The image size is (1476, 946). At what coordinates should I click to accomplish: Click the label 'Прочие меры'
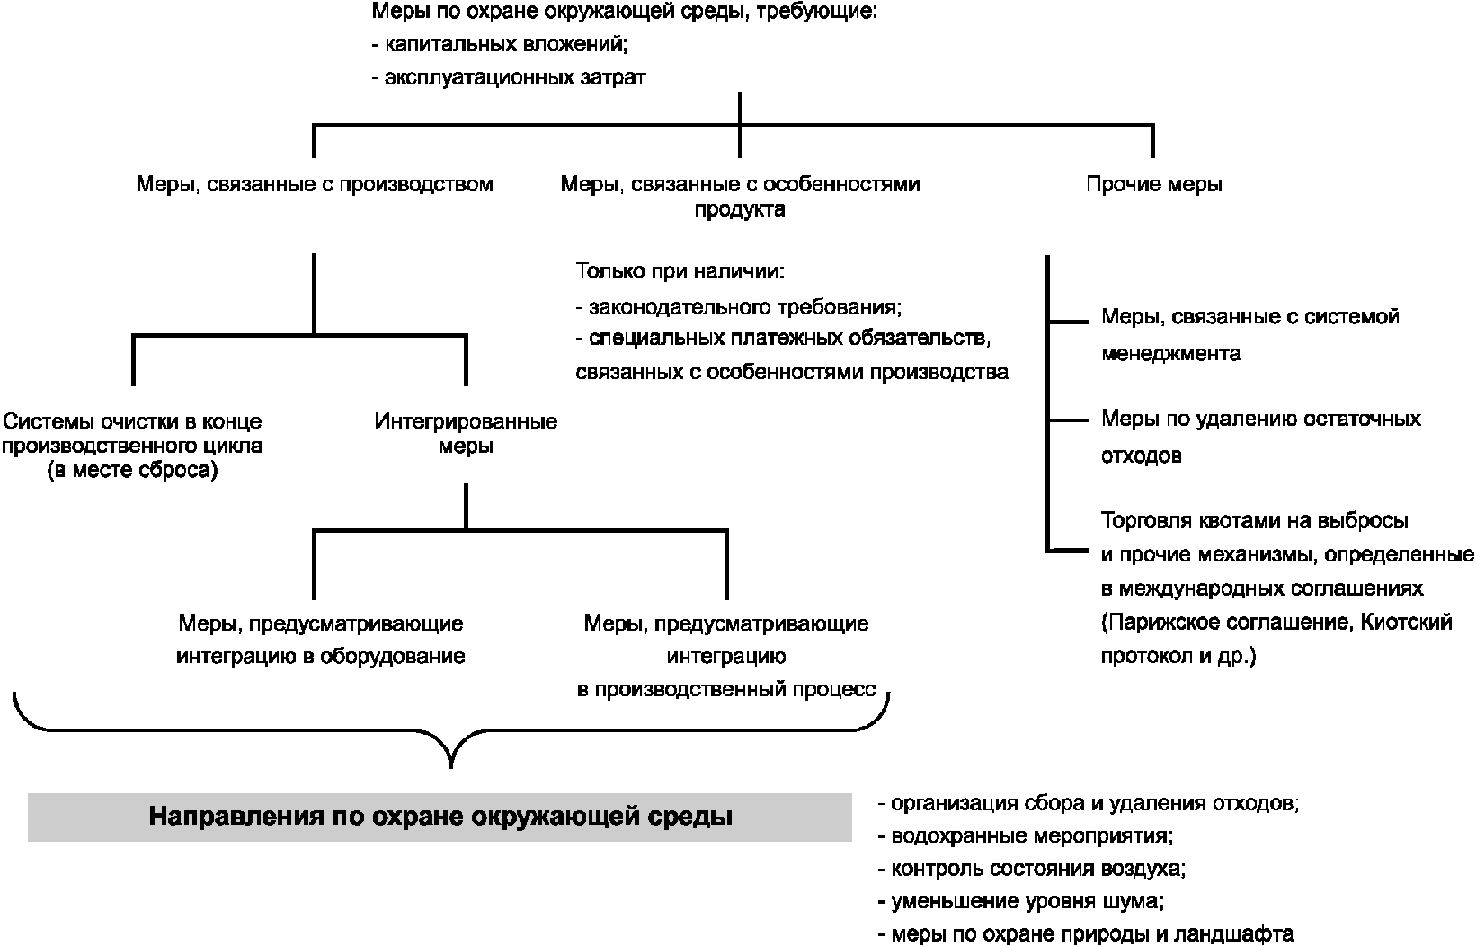click(x=1154, y=184)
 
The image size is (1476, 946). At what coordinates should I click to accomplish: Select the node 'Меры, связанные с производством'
click(x=315, y=184)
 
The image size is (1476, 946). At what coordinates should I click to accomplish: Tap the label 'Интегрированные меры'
click(x=466, y=434)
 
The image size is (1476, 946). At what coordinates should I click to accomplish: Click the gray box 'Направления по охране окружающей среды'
click(x=440, y=817)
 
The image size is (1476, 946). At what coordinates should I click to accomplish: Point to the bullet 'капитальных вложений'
click(x=500, y=44)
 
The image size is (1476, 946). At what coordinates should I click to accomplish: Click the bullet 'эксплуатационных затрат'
click(x=509, y=77)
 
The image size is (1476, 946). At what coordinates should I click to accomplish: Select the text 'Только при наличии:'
click(x=680, y=270)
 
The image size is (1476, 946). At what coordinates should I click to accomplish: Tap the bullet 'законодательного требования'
click(x=739, y=307)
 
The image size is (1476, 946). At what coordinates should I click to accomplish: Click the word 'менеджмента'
click(x=1171, y=354)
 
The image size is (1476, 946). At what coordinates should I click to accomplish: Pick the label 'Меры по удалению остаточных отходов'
click(x=1261, y=437)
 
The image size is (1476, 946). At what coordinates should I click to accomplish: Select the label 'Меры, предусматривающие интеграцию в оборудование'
click(x=321, y=640)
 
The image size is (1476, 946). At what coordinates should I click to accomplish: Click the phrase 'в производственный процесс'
click(x=727, y=689)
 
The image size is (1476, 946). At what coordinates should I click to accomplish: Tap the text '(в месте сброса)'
click(x=132, y=471)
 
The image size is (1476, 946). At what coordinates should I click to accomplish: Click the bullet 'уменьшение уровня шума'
click(x=1021, y=901)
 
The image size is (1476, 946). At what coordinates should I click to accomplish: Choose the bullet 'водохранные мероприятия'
click(x=1026, y=836)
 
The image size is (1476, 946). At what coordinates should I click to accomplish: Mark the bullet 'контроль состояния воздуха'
click(x=1032, y=868)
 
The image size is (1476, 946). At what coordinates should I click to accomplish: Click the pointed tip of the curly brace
click(x=451, y=767)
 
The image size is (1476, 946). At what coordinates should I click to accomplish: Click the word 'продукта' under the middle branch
click(x=740, y=209)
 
